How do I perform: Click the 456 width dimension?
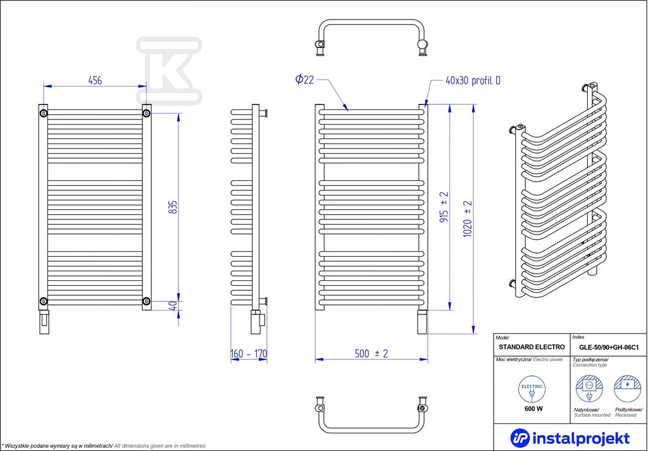(x=95, y=80)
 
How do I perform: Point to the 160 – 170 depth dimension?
(x=249, y=354)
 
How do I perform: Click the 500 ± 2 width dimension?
(x=371, y=354)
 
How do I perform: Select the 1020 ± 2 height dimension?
(x=468, y=219)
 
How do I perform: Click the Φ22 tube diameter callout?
(x=304, y=79)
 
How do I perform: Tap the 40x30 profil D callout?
(x=473, y=80)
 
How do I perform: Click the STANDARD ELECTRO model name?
(x=532, y=347)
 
